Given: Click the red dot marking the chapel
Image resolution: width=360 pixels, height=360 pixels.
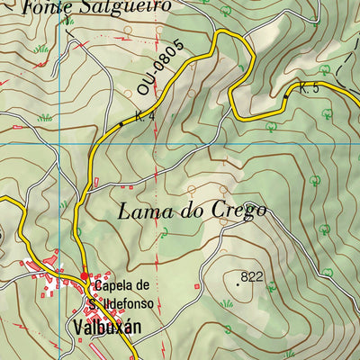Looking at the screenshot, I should point(85,276).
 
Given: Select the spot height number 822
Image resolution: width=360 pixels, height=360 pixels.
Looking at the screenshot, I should point(252,276).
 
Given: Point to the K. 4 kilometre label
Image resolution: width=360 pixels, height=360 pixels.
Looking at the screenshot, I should point(134,116).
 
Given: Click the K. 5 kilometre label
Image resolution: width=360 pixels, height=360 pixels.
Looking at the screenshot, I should point(310,88).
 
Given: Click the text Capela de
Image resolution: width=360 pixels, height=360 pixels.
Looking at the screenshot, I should point(123,277).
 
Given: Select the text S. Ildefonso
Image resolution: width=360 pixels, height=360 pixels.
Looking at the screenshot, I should point(123,291).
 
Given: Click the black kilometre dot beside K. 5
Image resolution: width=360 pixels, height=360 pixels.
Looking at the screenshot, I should point(286,94).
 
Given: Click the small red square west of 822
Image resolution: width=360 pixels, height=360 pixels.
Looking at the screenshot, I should point(197,285).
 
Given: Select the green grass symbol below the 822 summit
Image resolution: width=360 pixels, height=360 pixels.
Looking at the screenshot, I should point(229,303).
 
